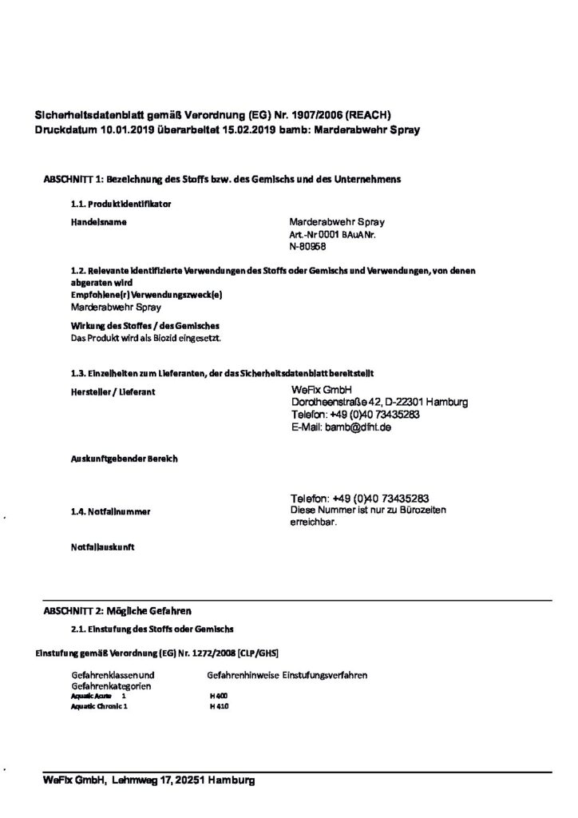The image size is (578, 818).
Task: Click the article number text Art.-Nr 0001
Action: point(315,236)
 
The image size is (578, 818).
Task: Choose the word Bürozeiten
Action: point(422,510)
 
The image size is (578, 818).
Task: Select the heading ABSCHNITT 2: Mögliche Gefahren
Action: point(117,610)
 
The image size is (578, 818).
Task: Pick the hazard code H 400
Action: point(219,696)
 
